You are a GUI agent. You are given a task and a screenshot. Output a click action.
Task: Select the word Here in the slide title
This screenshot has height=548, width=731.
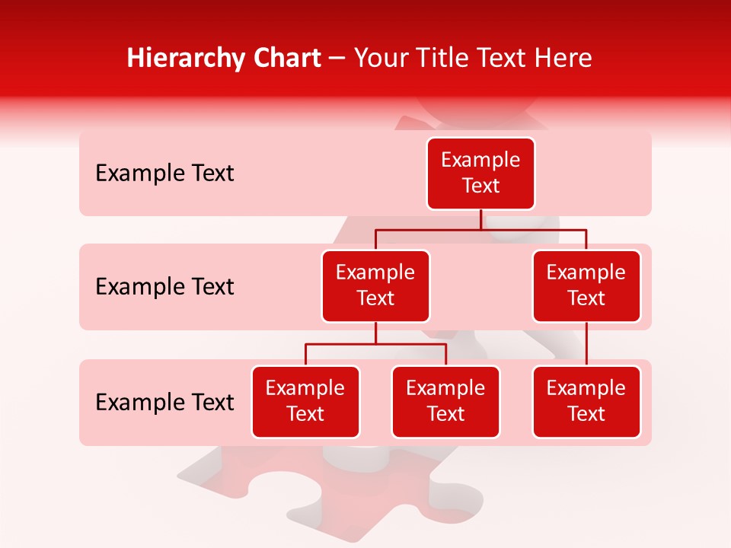[x=565, y=59]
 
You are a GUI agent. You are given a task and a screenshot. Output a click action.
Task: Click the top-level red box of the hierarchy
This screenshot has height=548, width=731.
[x=480, y=174]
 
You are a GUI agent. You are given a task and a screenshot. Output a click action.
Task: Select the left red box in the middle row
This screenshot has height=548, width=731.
[x=375, y=286]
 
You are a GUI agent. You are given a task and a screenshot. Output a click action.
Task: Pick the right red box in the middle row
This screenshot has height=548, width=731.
[x=586, y=286]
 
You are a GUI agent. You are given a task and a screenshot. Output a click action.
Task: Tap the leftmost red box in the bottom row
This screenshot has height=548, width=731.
[x=305, y=402]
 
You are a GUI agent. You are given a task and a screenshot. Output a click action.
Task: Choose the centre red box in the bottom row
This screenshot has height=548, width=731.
[x=445, y=402]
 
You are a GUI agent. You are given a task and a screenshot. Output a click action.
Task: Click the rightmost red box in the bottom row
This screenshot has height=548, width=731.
[x=586, y=402]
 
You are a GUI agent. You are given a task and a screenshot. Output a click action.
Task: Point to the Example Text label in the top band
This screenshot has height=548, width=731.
[x=164, y=174]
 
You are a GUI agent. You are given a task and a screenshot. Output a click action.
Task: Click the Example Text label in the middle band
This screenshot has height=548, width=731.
[x=164, y=287]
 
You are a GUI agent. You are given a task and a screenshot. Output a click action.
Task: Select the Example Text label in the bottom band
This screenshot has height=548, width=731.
[x=164, y=402]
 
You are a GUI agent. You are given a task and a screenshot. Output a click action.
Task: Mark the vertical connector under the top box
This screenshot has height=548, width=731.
[x=480, y=219]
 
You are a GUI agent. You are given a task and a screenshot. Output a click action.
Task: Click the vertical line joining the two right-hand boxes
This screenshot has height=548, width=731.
[x=586, y=344]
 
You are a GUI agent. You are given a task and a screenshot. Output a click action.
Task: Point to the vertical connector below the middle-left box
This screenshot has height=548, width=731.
[x=375, y=333]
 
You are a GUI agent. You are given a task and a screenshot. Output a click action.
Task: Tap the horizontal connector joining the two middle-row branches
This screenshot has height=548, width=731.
[x=533, y=228]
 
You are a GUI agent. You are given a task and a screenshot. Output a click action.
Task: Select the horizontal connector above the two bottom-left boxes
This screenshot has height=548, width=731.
[x=411, y=344]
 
